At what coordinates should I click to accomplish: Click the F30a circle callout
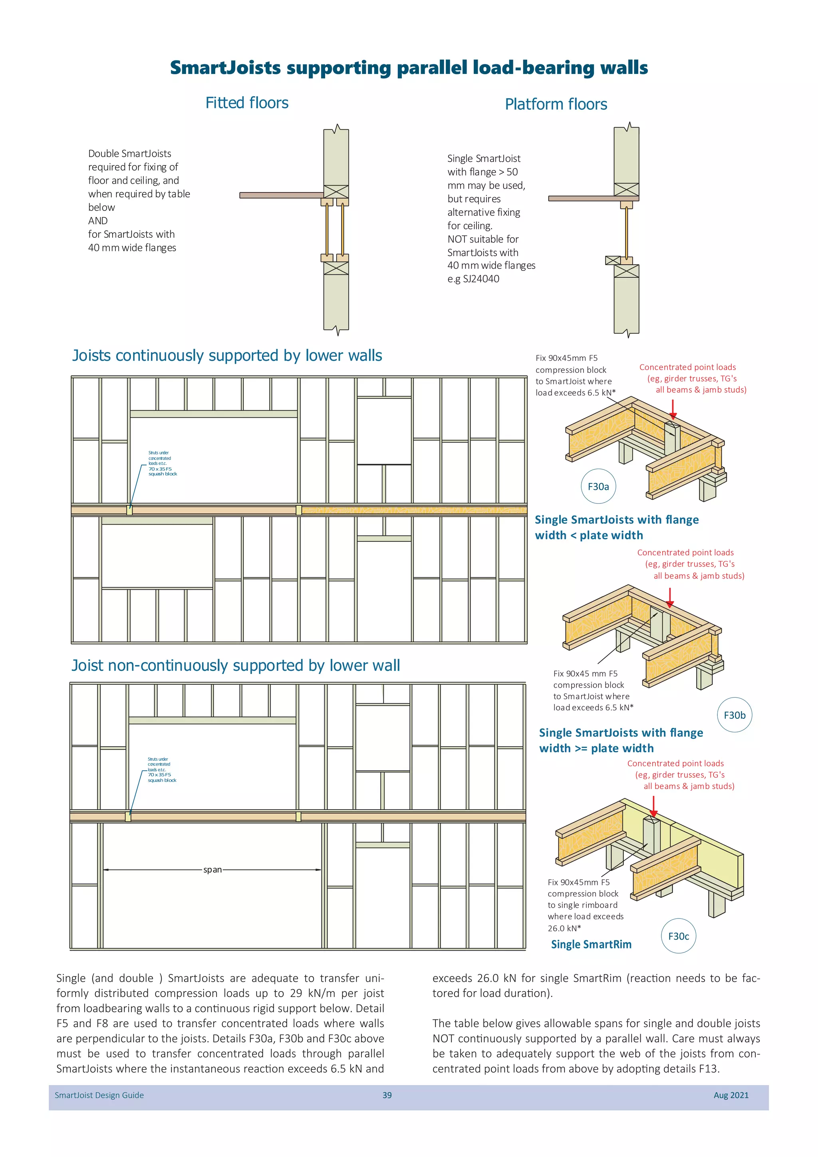pyautogui.click(x=598, y=486)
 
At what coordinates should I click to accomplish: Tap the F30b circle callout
pyautogui.click(x=735, y=715)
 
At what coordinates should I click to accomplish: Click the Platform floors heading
pyautogui.click(x=556, y=104)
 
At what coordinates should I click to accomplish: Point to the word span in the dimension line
pyautogui.click(x=212, y=870)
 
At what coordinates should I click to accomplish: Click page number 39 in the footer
pyautogui.click(x=387, y=1095)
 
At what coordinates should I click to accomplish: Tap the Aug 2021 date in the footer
pyautogui.click(x=731, y=1095)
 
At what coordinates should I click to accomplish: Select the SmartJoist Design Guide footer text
pyautogui.click(x=99, y=1095)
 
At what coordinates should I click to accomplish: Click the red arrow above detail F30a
pyautogui.click(x=673, y=409)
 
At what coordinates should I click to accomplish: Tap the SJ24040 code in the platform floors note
pyautogui.click(x=480, y=279)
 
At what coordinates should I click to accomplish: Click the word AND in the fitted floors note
pyautogui.click(x=98, y=221)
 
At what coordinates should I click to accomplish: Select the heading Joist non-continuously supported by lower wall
pyautogui.click(x=235, y=665)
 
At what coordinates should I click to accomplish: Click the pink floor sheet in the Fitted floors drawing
pyautogui.click(x=281, y=195)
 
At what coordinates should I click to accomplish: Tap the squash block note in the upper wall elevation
pyautogui.click(x=162, y=463)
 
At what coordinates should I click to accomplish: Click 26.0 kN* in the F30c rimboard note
pyautogui.click(x=564, y=928)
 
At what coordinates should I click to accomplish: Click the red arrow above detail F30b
pyautogui.click(x=670, y=598)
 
